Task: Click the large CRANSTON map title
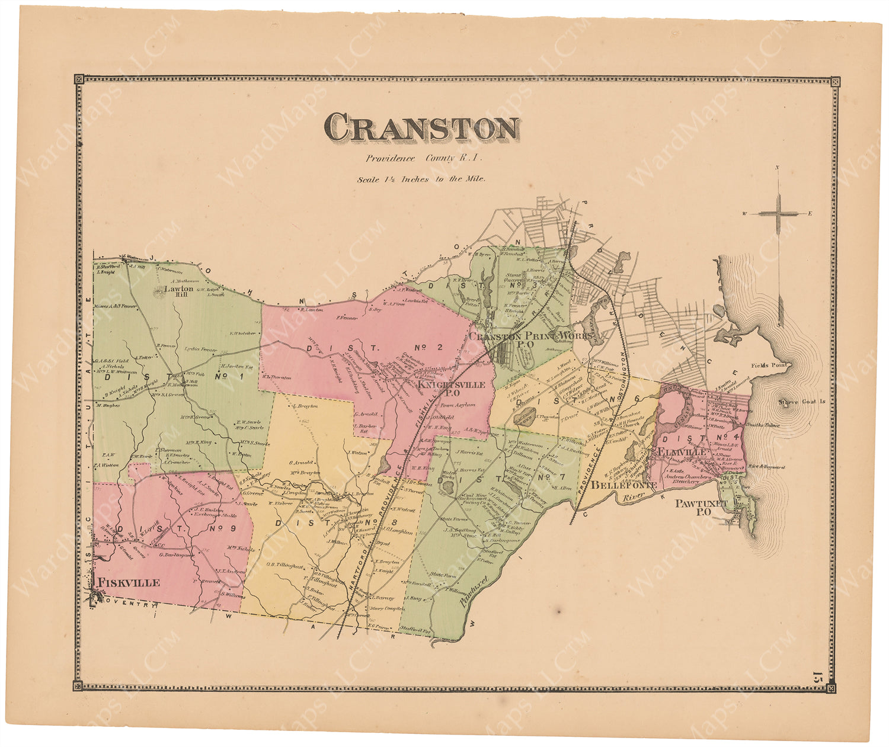point(421,128)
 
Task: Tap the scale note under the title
point(421,178)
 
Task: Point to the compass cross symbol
point(778,214)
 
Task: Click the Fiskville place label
point(129,582)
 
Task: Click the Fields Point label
point(769,365)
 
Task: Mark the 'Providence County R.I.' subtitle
point(424,158)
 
